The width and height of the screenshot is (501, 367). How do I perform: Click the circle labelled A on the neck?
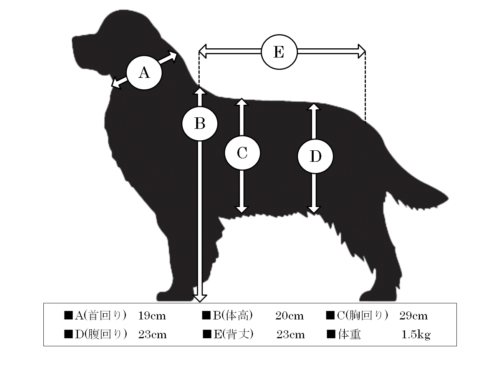coord(144,73)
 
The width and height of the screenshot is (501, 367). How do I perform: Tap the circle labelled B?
coord(200,123)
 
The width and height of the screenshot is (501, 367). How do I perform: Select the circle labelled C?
coord(243,153)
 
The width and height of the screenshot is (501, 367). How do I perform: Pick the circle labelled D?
coord(315,156)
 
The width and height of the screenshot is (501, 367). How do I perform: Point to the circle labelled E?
coord(279,52)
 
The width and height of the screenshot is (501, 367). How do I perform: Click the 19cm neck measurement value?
coord(152,316)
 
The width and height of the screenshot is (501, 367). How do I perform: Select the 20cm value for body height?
coord(289,316)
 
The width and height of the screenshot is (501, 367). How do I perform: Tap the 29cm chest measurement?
coord(413,316)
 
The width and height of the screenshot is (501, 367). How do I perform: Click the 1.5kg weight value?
coord(416,335)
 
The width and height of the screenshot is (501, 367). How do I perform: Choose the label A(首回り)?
coord(101,316)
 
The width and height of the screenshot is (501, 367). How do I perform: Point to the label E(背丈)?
coord(233,334)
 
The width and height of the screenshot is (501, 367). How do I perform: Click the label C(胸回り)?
coord(362,316)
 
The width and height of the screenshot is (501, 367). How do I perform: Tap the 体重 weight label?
coord(349,334)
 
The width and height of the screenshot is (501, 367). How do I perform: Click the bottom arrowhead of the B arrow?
coord(200,298)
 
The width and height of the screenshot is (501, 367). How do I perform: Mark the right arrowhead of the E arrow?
coord(362,52)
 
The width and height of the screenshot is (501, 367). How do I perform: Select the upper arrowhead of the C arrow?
coord(242,102)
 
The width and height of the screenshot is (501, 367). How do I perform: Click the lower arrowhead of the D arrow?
coord(314,209)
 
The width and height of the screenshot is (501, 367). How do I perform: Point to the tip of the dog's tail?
coord(448,199)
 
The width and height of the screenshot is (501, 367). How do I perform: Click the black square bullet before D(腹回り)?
coord(68,334)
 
